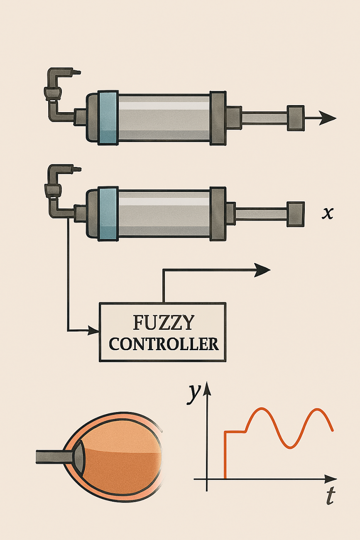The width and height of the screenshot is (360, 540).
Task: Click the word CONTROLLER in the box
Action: point(164,344)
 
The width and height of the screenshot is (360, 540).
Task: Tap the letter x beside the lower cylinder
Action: point(328,214)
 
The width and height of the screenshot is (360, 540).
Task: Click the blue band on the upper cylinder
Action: point(108,118)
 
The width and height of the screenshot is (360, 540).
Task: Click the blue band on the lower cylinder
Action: point(108,214)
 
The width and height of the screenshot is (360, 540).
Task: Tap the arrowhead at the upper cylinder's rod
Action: point(328,118)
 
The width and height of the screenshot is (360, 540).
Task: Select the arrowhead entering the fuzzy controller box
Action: point(94,331)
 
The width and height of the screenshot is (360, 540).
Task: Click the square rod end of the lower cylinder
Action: point(296,214)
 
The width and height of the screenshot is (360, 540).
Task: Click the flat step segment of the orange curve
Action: point(235,432)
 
